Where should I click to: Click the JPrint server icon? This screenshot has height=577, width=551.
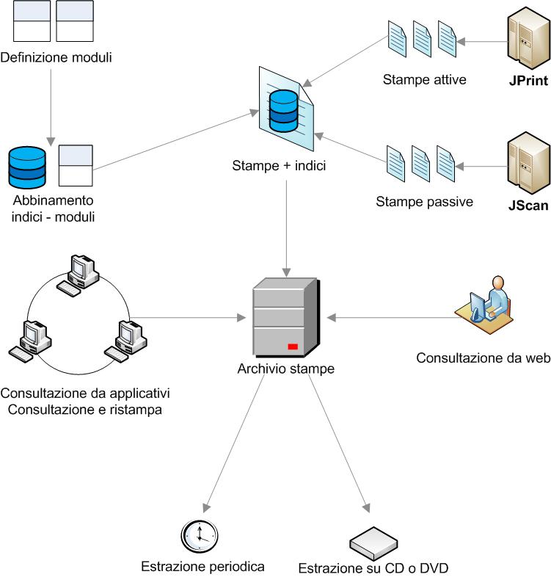click(527, 40)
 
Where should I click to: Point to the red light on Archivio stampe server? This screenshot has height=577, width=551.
click(293, 346)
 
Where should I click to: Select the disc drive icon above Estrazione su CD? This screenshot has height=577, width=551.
click(373, 543)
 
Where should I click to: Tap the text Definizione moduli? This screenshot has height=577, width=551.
click(56, 57)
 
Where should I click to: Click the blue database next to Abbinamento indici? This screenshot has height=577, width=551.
click(27, 167)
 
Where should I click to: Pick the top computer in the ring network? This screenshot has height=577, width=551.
click(79, 274)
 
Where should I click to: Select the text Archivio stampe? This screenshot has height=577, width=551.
click(285, 369)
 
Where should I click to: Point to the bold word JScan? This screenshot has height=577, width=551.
click(528, 206)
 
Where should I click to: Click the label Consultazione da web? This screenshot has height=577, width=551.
click(483, 358)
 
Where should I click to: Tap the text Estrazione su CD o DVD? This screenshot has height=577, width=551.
click(373, 568)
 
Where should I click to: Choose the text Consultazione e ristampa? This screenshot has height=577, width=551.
click(85, 409)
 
